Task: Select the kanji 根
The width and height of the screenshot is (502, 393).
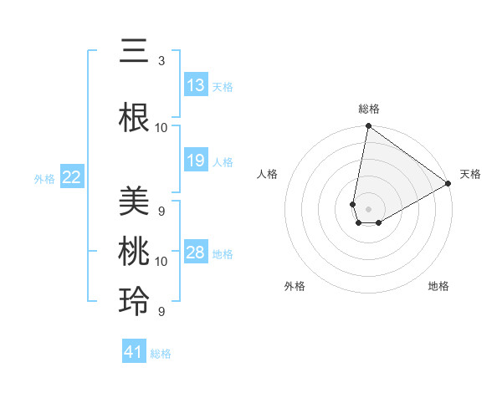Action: [134, 118]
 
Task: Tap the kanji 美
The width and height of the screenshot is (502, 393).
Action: [134, 201]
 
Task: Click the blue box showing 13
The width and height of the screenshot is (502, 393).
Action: [196, 85]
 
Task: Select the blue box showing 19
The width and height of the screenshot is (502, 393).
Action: [196, 161]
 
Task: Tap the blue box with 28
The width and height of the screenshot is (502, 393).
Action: [196, 253]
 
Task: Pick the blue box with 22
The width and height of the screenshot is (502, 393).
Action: [72, 177]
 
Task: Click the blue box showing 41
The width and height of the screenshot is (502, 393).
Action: [134, 353]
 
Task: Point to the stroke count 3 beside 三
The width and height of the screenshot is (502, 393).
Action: [161, 61]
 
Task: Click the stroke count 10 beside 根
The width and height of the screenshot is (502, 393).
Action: [161, 128]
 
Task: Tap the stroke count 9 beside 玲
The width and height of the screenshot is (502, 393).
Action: [161, 312]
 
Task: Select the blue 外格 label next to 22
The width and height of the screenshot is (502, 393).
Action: [44, 178]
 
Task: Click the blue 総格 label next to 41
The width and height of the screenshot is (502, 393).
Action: [161, 354]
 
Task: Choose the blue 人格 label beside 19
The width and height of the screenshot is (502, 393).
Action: [223, 161]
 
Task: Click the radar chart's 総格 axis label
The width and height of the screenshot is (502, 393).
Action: [369, 109]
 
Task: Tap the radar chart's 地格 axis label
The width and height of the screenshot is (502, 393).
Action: [438, 286]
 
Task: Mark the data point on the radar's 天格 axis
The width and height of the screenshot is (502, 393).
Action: [448, 185]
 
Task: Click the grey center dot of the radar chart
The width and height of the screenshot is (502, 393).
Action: [369, 208]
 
